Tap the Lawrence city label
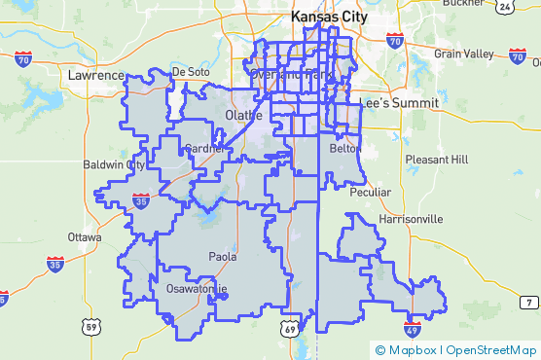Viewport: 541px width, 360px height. tap(96, 75)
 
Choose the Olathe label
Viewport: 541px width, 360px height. tap(243, 116)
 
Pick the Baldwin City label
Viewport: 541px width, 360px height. tap(114, 164)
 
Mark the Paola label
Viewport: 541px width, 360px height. tap(223, 257)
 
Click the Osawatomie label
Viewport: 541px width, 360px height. tap(197, 289)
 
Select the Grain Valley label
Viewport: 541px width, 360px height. tap(464, 54)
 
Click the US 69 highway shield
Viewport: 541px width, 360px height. tap(290, 330)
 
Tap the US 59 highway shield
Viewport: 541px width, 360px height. tap(90, 326)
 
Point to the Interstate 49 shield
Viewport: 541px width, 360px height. tap(413, 330)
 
